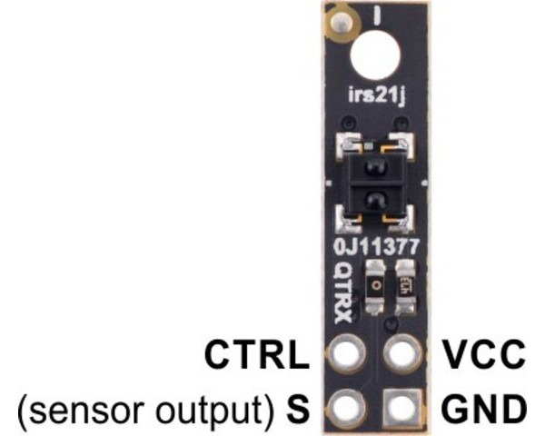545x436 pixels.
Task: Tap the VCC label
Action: [481, 354]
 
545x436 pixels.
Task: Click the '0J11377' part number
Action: [374, 244]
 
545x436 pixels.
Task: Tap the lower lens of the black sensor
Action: [374, 197]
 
